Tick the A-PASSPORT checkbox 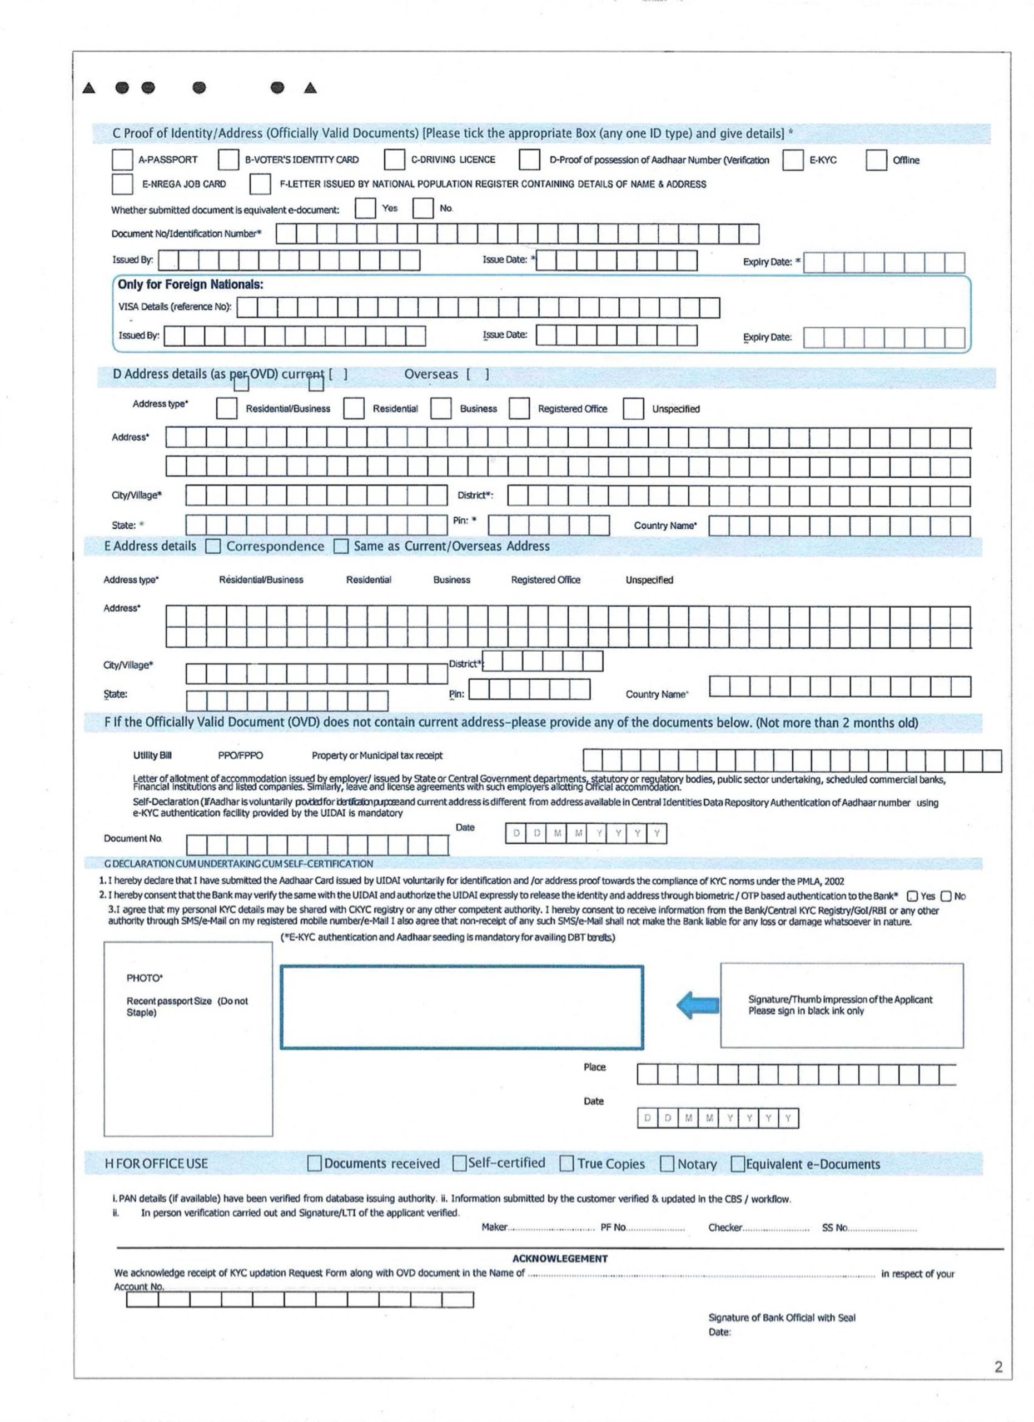coord(122,160)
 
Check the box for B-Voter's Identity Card coord(228,160)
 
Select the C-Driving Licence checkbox coord(394,160)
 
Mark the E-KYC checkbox coord(792,161)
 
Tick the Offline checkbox coord(876,161)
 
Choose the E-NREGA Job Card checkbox coord(122,184)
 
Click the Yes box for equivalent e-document coord(365,208)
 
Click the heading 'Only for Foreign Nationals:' coord(190,284)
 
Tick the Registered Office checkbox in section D coord(519,409)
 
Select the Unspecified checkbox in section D coord(633,409)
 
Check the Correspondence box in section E coord(213,547)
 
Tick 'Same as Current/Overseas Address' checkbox coord(341,547)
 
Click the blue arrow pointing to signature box coord(697,1005)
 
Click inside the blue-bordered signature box coord(462,1007)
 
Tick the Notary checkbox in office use coord(667,1164)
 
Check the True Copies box coord(566,1164)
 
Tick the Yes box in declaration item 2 coord(913,897)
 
